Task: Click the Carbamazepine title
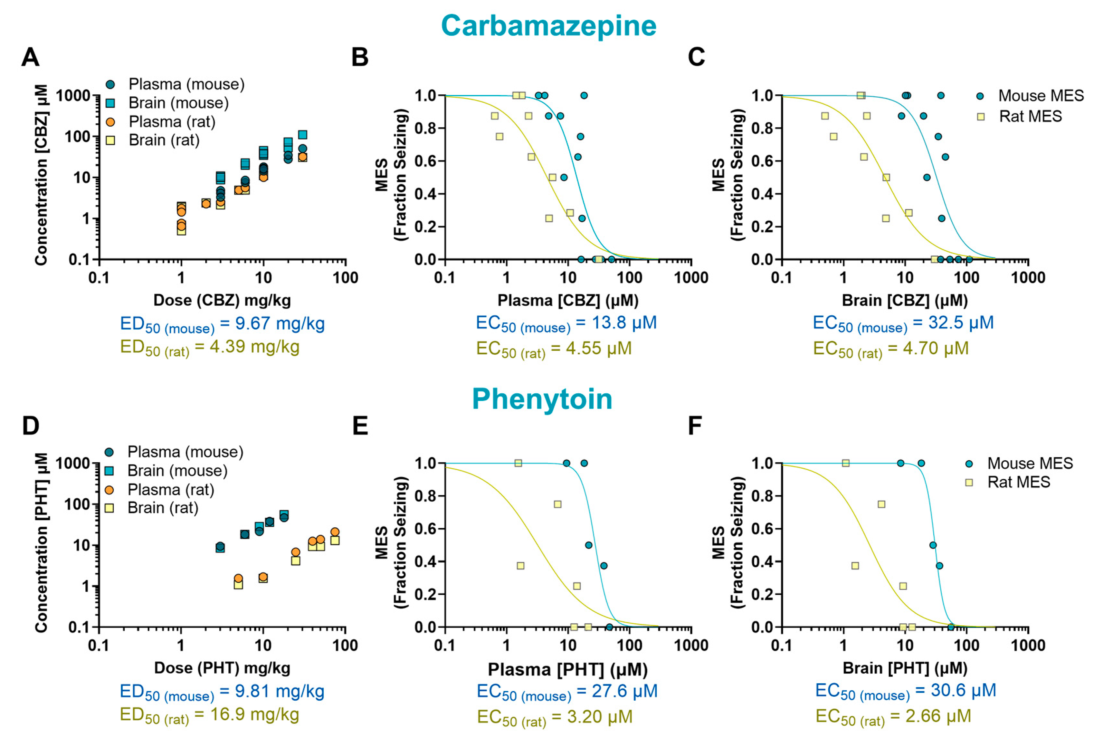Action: click(x=548, y=25)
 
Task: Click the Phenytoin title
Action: click(x=542, y=399)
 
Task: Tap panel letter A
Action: click(x=31, y=57)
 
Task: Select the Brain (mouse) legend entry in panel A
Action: click(x=178, y=103)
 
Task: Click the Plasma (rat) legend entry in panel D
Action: click(x=170, y=490)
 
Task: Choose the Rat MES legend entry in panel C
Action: click(x=1030, y=116)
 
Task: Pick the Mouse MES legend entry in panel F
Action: click(x=1030, y=463)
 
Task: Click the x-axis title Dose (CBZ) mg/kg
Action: click(x=222, y=300)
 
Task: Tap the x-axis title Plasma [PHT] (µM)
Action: click(x=567, y=669)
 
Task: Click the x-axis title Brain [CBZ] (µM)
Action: click(x=904, y=300)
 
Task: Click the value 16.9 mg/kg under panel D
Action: click(x=254, y=714)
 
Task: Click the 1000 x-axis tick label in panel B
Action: click(x=691, y=278)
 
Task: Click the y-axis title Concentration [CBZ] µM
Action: click(x=42, y=175)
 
